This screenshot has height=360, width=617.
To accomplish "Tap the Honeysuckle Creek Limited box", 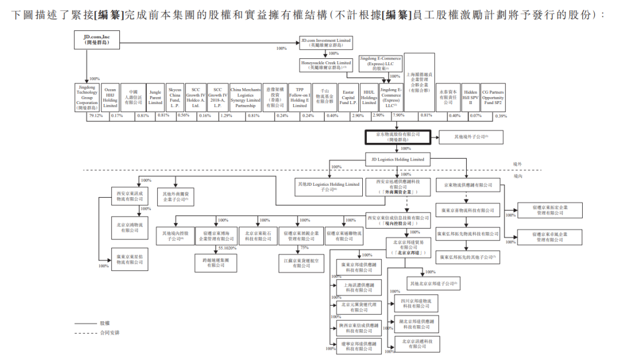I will click(x=326, y=65).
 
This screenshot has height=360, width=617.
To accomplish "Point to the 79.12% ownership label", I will click(x=95, y=117).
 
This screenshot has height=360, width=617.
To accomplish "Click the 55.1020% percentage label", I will click(x=227, y=249).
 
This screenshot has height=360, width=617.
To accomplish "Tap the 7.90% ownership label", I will click(x=399, y=116).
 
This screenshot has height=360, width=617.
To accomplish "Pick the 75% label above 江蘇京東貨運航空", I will click(x=305, y=248).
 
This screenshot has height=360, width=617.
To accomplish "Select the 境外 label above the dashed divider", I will click(x=518, y=164).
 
